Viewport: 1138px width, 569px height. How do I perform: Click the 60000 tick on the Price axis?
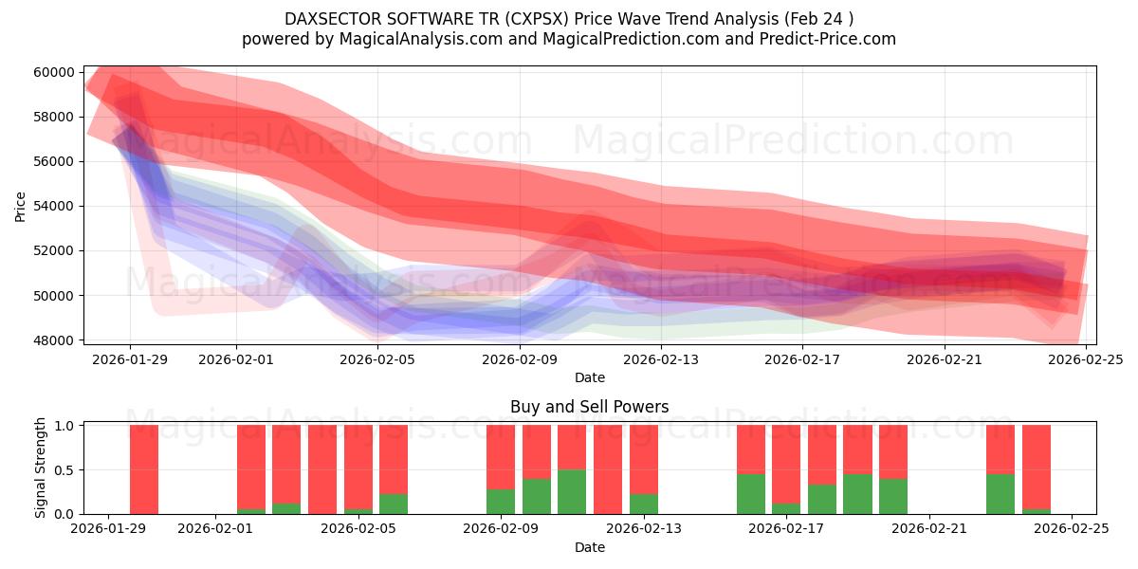(55, 72)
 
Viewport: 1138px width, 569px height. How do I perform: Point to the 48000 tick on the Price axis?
(55, 340)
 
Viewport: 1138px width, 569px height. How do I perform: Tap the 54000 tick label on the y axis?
(55, 206)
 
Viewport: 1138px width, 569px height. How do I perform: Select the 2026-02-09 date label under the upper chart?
(520, 360)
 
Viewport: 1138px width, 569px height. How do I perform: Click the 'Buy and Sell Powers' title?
(589, 407)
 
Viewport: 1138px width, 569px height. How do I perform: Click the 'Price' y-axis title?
(21, 206)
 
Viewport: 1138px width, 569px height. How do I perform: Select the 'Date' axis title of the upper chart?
(589, 377)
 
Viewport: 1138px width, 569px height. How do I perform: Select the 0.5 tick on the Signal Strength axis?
(67, 470)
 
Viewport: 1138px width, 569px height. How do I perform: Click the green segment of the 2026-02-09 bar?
(501, 502)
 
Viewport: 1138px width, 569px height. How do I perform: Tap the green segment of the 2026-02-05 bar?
(358, 511)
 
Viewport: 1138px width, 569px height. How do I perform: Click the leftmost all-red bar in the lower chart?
(144, 469)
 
